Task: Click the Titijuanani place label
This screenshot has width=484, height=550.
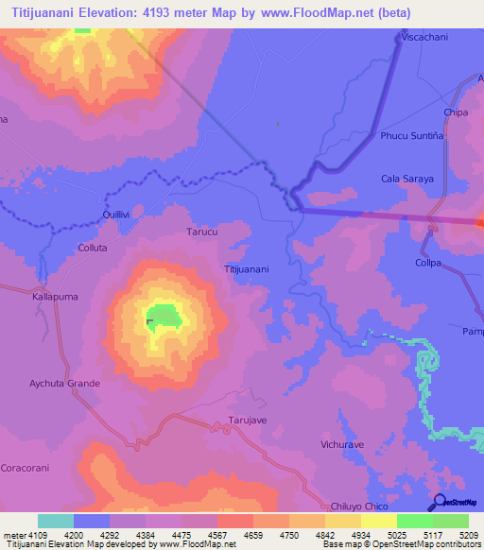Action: [247, 269]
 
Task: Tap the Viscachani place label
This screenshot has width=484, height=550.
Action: [424, 36]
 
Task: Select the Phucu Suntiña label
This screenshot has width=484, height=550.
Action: [411, 135]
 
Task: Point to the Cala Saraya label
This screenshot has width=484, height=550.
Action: [406, 179]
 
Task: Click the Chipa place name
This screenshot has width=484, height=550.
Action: [457, 112]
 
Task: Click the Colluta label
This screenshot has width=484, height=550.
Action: [93, 248]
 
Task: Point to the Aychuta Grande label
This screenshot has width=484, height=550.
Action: [64, 384]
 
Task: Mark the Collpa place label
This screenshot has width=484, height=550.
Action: [428, 263]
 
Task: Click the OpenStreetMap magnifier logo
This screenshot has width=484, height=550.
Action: [439, 502]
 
